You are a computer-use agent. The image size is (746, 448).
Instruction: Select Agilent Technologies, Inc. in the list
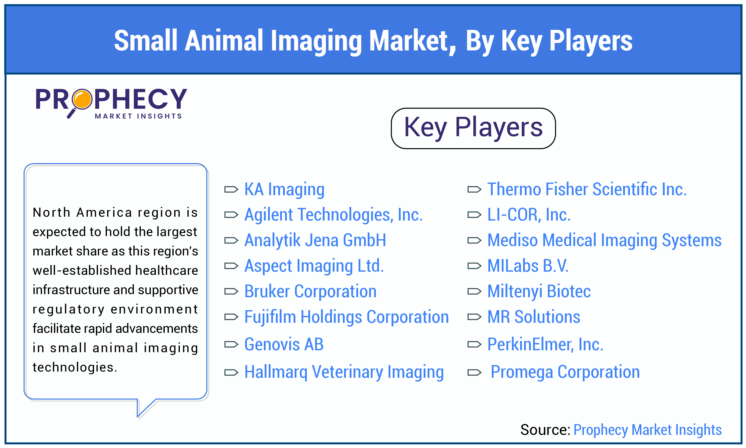333,215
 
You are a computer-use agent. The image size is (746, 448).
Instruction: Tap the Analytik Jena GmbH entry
315,241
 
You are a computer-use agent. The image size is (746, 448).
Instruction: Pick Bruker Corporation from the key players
310,292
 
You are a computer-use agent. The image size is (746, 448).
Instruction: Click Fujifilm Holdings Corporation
346,317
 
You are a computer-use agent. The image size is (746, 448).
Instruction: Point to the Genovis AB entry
284,345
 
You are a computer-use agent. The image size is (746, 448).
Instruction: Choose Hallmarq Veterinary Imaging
344,372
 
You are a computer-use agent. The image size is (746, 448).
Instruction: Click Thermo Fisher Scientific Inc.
587,189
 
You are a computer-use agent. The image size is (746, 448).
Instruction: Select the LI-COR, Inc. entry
529,215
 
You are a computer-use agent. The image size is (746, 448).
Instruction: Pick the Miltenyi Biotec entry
539,292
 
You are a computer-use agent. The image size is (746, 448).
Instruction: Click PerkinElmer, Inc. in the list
545,345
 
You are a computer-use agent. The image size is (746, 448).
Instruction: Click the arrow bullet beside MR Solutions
474,317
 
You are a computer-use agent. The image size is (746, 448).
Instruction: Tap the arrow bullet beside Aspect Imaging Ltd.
231,266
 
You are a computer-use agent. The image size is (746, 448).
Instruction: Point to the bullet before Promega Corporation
474,372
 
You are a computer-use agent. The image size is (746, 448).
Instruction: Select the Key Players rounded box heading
473,128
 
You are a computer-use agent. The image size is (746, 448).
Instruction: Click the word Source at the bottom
545,430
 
